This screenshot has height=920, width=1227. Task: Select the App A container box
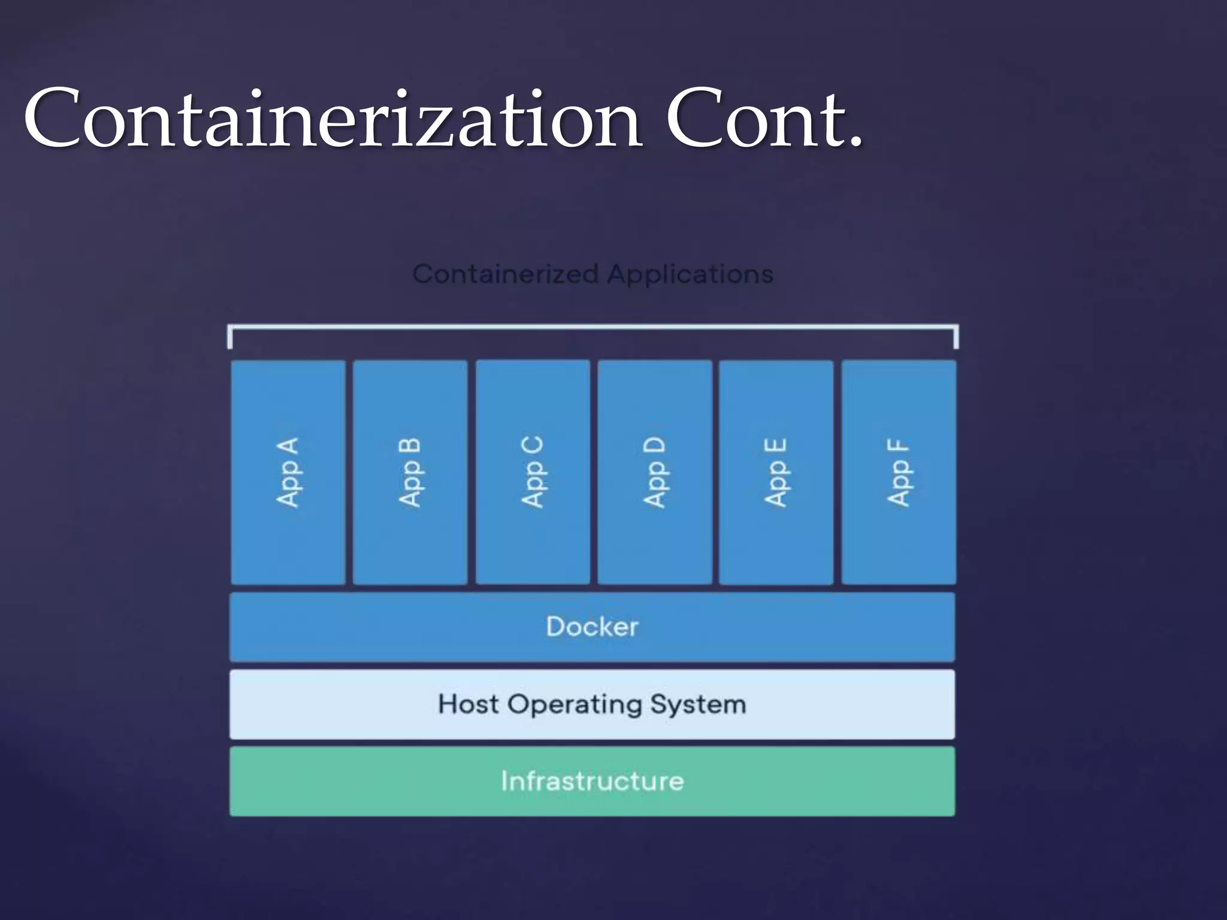[288, 472]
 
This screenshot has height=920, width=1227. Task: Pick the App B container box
[410, 472]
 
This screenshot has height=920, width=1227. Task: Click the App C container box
[533, 472]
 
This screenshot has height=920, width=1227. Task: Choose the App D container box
[655, 472]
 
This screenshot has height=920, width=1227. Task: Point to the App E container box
[776, 472]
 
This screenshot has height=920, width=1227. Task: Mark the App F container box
[899, 472]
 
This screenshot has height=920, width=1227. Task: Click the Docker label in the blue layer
[592, 627]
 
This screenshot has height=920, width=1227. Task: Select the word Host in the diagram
[468, 704]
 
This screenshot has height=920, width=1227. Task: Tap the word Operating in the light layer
[575, 705]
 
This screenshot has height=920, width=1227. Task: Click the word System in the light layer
[698, 705]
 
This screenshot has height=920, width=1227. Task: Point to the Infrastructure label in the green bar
[592, 781]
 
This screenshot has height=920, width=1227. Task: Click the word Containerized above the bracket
[506, 274]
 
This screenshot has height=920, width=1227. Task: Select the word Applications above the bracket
[690, 274]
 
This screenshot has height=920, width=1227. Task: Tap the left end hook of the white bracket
[230, 337]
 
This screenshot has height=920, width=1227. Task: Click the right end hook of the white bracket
[956, 337]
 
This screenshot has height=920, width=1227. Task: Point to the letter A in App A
[288, 447]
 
